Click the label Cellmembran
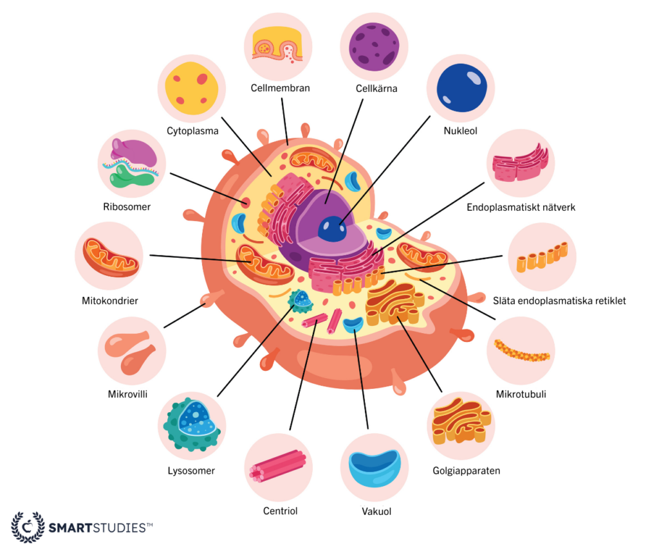[281, 88]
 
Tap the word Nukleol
[461, 131]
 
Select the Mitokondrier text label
[110, 300]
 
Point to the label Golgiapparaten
[467, 471]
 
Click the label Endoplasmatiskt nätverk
[521, 208]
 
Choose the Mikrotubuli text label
[521, 394]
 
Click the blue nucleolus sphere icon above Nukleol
[462, 87]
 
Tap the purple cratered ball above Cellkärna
[374, 46]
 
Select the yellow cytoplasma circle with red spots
[192, 88]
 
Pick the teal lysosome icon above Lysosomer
[192, 425]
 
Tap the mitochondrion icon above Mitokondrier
[111, 257]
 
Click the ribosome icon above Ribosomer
[133, 163]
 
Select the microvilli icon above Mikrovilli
[130, 352]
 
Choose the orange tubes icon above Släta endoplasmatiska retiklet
[542, 257]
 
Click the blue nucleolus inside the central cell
[332, 229]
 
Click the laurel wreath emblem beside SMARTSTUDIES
[28, 527]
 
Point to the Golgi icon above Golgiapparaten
[461, 422]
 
